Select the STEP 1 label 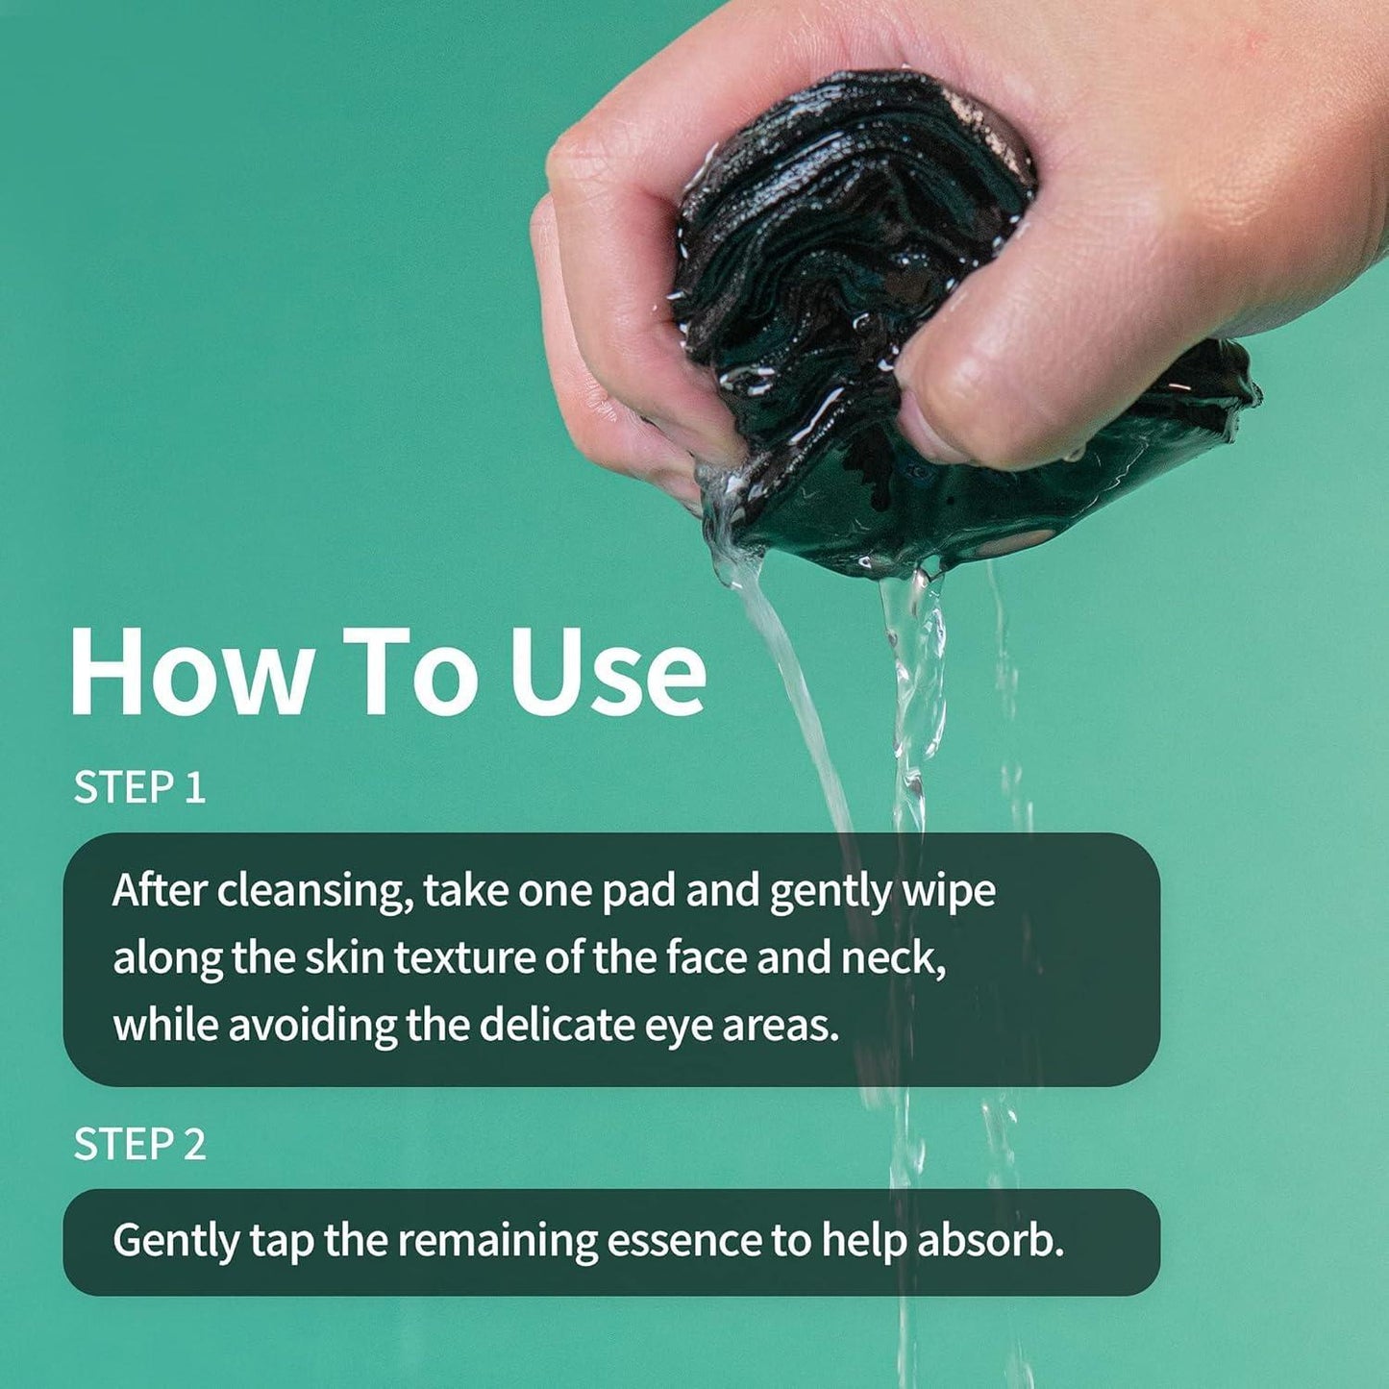click(140, 787)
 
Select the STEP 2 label click(140, 1144)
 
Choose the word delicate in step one click(556, 1026)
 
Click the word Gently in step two click(175, 1241)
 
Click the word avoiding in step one click(311, 1026)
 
